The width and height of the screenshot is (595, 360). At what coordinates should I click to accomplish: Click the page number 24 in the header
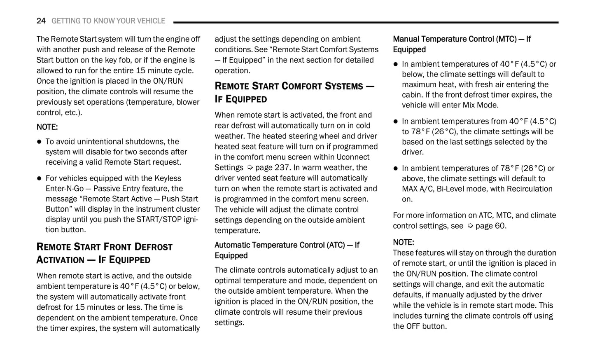coord(41,21)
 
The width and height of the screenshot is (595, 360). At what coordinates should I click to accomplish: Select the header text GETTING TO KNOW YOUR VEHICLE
coord(108,21)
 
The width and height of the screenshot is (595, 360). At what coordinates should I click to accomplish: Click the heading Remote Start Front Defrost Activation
coord(104,253)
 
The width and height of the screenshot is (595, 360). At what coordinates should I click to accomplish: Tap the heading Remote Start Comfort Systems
coord(294,92)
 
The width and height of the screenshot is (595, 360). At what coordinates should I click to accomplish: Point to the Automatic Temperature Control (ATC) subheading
coord(287,250)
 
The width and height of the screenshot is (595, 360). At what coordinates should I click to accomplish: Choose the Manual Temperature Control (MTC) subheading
coord(462,44)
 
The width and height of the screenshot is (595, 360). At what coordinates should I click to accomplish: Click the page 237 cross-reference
coord(273,168)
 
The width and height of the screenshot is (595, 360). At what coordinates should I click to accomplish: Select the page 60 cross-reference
coord(491,226)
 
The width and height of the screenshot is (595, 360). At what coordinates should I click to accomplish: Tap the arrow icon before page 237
coord(250,168)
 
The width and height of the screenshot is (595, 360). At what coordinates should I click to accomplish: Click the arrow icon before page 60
coord(470,226)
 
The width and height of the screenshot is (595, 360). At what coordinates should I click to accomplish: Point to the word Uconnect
coord(353,157)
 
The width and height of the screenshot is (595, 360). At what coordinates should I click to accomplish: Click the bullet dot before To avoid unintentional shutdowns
coord(40,142)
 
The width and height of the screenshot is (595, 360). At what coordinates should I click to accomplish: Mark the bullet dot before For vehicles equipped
coord(40,178)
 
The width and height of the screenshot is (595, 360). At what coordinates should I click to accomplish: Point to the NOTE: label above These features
coord(403,242)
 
